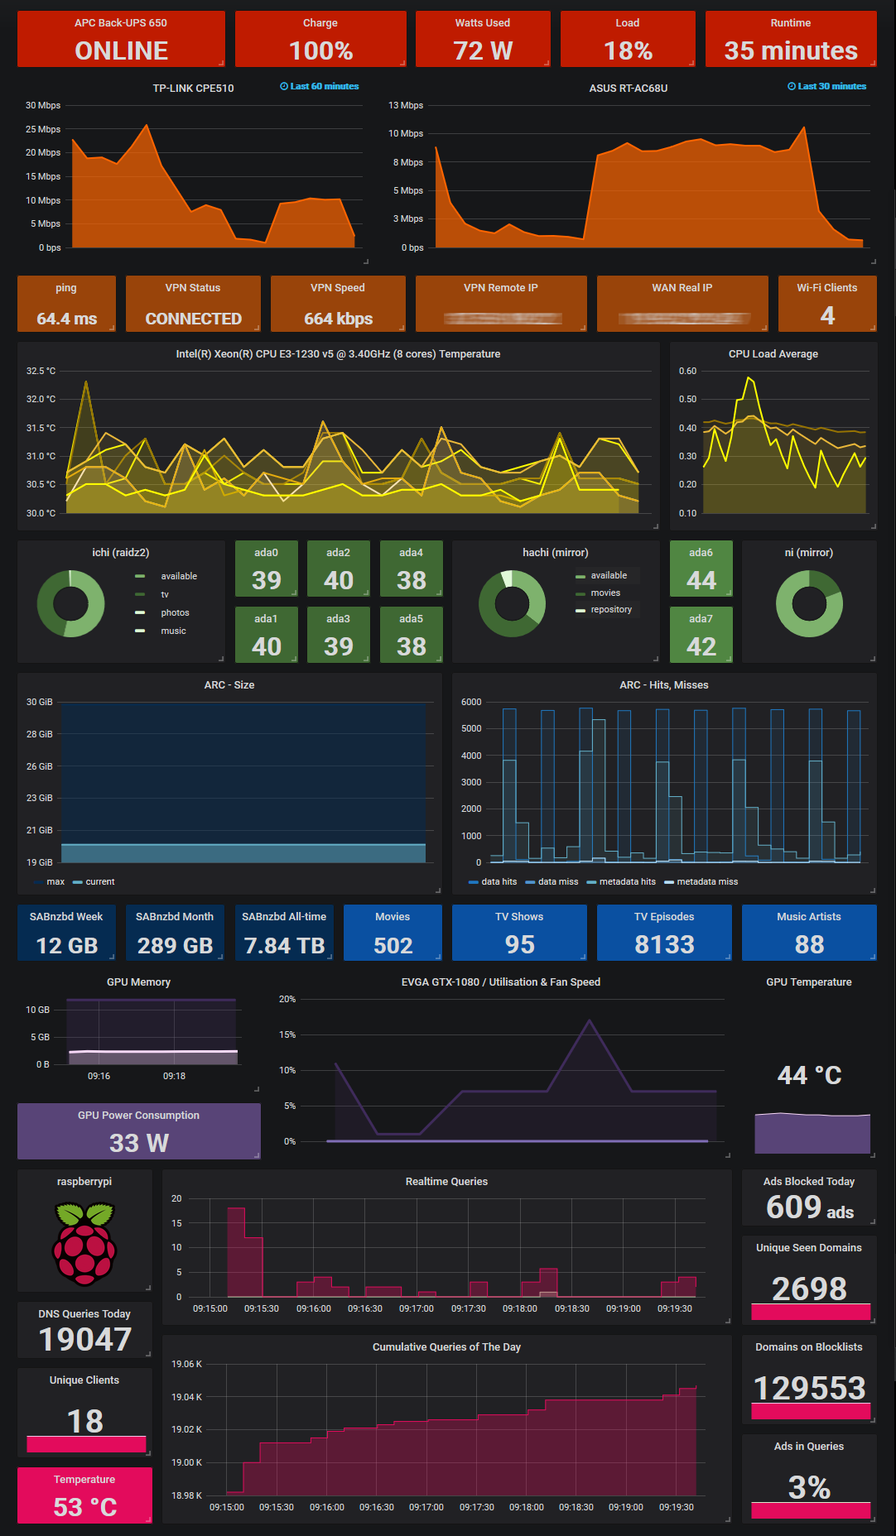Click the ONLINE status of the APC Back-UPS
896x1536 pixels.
[x=121, y=51]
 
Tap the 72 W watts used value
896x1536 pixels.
[x=483, y=51]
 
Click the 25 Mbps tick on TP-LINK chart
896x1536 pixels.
[x=43, y=129]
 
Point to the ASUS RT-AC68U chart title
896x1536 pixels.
[x=628, y=88]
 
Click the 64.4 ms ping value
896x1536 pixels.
[x=66, y=319]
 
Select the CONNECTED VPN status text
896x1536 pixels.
[x=193, y=319]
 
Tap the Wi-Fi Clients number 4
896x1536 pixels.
[x=826, y=315]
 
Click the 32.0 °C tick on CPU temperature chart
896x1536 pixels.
[x=41, y=399]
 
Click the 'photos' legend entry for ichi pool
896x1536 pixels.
[x=175, y=612]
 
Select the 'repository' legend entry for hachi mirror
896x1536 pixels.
[x=611, y=609]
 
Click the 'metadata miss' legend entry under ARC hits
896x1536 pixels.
[x=706, y=881]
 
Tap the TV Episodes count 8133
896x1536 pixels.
[x=664, y=944]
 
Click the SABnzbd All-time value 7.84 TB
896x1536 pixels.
[x=284, y=945]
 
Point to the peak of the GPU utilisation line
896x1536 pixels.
[x=590, y=1020]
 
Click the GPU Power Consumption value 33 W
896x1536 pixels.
[x=138, y=1143]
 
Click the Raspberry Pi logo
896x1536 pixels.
[x=84, y=1244]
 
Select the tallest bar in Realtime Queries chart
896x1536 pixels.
[x=236, y=1251]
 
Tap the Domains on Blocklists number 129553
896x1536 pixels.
[x=809, y=1388]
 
